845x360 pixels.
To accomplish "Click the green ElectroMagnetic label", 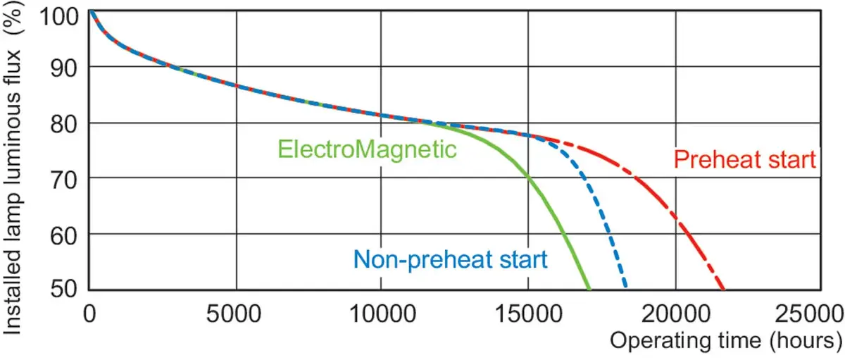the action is (367, 150).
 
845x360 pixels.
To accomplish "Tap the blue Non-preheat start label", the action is (451, 260).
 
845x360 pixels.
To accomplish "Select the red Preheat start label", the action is (745, 159).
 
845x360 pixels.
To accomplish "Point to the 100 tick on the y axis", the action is (59, 17).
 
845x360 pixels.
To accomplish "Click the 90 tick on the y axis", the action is (64, 68).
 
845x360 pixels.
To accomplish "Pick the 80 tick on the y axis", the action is (64, 124).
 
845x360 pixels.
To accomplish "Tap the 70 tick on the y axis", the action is (64, 180).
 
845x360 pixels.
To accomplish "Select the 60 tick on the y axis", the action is (64, 236).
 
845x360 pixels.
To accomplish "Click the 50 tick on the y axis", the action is (64, 289).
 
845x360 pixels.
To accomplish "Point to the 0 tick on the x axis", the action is (89, 314).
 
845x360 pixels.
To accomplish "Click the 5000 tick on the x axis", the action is (234, 314).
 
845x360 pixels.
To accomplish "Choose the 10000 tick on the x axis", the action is (383, 314).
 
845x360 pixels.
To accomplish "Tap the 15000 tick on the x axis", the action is (528, 314).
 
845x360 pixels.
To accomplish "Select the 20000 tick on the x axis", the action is (676, 314).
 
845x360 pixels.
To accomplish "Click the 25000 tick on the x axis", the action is (810, 314).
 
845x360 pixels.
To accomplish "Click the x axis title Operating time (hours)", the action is (726, 341).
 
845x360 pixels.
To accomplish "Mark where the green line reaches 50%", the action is (589, 290).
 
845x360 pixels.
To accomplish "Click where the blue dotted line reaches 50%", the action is (625, 287).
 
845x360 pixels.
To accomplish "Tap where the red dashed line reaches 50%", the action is (722, 290).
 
